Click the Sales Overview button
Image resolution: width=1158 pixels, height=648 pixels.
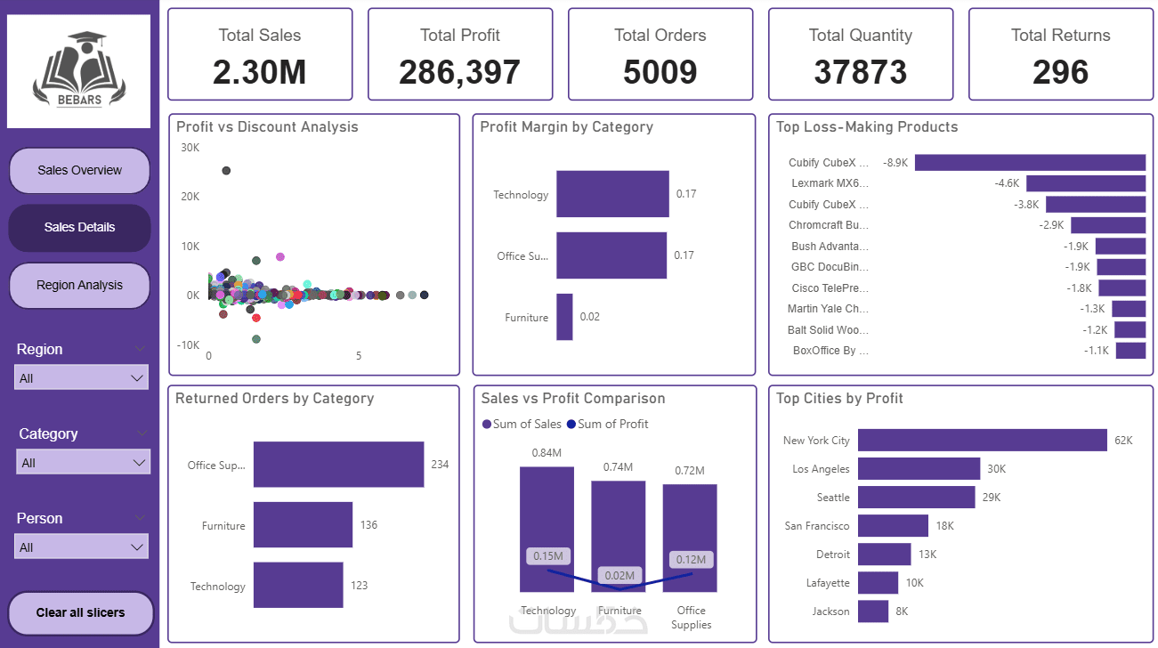coord(79,171)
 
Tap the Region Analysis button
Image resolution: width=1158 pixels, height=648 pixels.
coord(79,286)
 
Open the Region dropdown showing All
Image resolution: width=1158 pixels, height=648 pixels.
coord(81,378)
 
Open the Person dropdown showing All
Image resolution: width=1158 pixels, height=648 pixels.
coord(81,547)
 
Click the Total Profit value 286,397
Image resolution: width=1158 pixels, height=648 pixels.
coord(459,72)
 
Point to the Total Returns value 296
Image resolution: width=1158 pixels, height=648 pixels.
coord(1060,72)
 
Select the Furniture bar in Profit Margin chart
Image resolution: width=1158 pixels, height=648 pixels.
coord(564,317)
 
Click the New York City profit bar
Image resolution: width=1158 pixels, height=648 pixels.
coord(983,440)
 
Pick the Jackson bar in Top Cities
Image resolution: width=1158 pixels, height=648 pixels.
coord(873,612)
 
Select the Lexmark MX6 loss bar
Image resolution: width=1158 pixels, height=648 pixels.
coord(1086,183)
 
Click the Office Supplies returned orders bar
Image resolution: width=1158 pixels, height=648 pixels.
coord(338,465)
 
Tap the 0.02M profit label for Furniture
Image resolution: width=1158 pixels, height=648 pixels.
coord(619,576)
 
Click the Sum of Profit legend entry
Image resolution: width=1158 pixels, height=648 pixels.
coord(607,424)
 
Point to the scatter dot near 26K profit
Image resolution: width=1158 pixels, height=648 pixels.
coord(226,171)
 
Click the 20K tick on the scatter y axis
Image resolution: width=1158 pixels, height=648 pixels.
coord(190,197)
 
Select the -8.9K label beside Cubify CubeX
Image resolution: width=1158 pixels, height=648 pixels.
coord(895,163)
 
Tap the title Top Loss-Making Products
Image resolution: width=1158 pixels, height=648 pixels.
coord(867,127)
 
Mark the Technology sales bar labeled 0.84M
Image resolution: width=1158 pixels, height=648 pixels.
coord(547,529)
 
